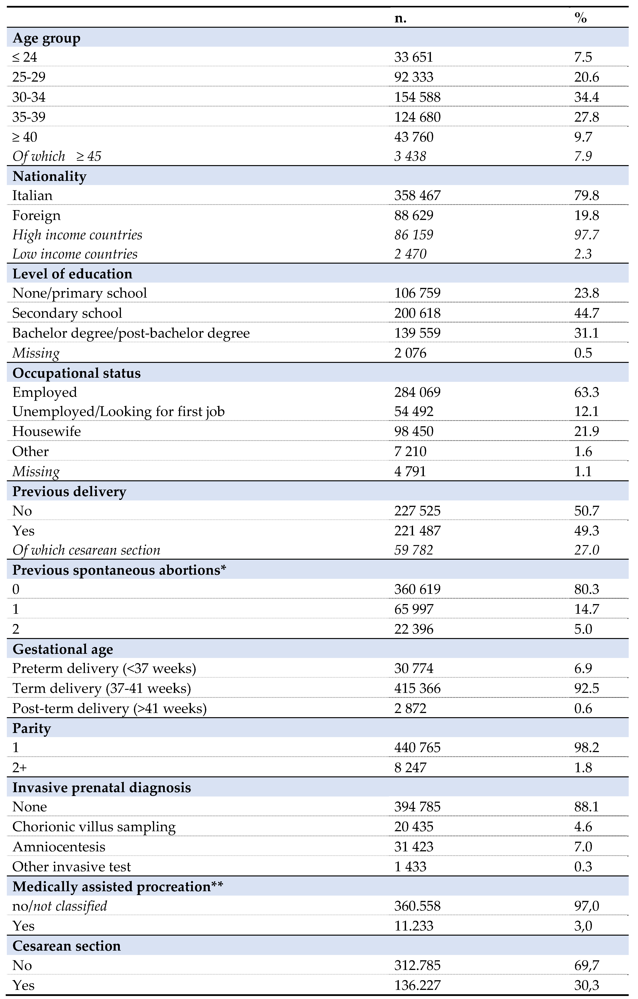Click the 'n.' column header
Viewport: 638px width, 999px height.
click(x=400, y=18)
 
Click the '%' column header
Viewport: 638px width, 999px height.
click(x=580, y=18)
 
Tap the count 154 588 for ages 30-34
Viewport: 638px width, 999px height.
click(x=417, y=97)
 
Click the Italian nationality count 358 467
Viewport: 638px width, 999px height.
click(x=417, y=195)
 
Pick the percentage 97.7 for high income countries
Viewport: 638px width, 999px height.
click(x=586, y=235)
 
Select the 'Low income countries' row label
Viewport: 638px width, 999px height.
click(x=75, y=254)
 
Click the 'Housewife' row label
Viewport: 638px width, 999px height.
click(x=47, y=431)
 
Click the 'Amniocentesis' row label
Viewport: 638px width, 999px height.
click(x=59, y=847)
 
